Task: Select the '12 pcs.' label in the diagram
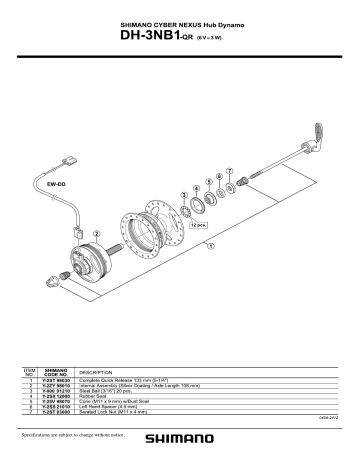click(197, 226)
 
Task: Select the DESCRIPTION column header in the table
click(96, 372)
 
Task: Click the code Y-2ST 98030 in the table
click(56, 381)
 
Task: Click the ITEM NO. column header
click(29, 372)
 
